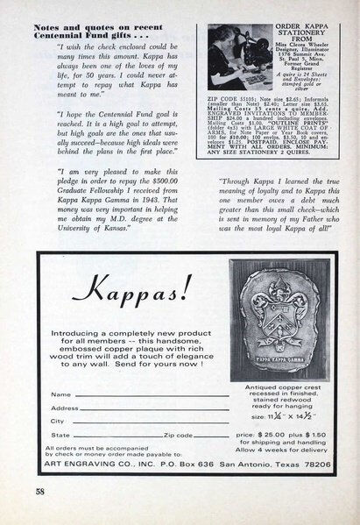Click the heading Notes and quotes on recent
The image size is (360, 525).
[91, 6]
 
